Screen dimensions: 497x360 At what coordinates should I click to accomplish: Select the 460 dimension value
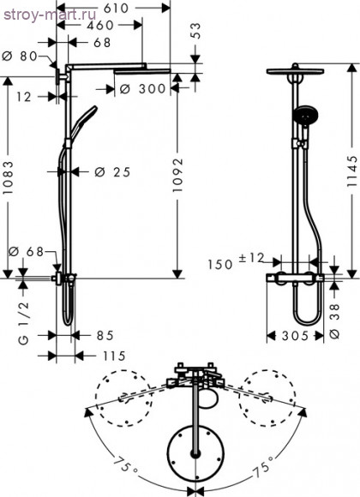102,25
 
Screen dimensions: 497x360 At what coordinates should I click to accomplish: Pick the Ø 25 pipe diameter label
111,172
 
